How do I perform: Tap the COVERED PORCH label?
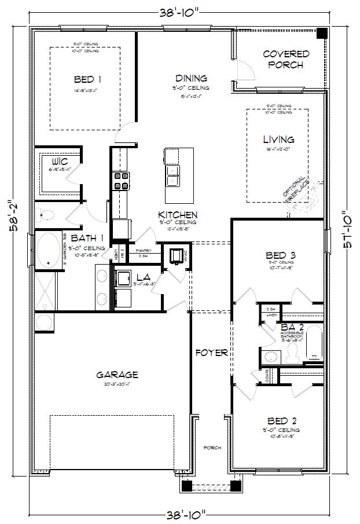point(286,59)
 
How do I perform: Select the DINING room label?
point(190,78)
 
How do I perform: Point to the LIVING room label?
point(278,140)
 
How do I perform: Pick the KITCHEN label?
point(182,214)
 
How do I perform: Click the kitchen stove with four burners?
point(120,181)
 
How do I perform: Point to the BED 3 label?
point(281,255)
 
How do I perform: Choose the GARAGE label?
point(117,375)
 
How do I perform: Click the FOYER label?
point(211,351)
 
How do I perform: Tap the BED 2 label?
point(282,421)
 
